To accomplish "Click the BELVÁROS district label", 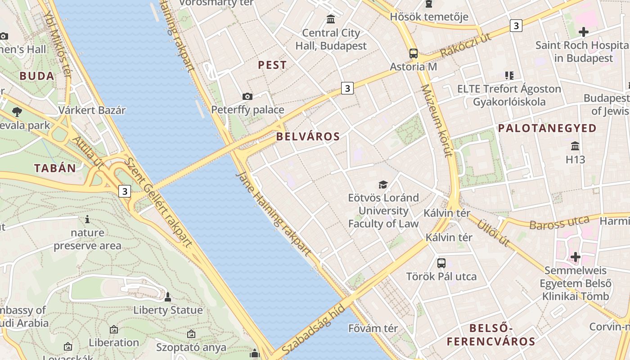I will coord(308,136).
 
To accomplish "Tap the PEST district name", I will coord(272,65).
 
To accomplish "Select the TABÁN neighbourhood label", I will coord(55,168).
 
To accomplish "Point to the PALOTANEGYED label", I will coord(547,128).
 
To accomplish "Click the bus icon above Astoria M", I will coord(413,54).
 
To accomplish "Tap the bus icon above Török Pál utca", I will coord(441,263).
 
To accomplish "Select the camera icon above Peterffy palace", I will coord(247,96).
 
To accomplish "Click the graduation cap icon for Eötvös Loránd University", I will coord(383,184).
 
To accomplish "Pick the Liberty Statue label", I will coord(168,310).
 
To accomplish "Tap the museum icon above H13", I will coord(575,146).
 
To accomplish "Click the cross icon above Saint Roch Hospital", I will coord(584,32).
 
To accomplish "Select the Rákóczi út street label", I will coord(465,45).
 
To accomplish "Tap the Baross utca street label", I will coord(559,222).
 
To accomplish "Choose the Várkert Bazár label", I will coord(92,110).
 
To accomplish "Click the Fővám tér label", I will coord(373,328).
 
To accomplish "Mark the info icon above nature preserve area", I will coord(87,219).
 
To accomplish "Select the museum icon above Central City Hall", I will coord(331,19).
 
